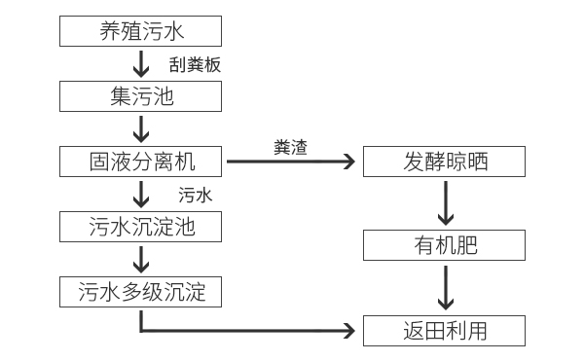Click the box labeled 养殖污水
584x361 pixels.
pyautogui.click(x=141, y=30)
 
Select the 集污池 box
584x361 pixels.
pyautogui.click(x=141, y=95)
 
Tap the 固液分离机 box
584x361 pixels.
pyautogui.click(x=141, y=161)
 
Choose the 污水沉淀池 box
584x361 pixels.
pyautogui.click(x=141, y=227)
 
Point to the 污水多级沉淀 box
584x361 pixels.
pyautogui.click(x=141, y=291)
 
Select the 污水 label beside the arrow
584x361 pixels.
pyautogui.click(x=195, y=195)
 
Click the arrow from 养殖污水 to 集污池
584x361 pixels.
pyautogui.click(x=141, y=62)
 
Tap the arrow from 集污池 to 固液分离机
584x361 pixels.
pyautogui.click(x=141, y=127)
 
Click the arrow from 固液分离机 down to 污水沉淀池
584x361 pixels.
pyautogui.click(x=141, y=194)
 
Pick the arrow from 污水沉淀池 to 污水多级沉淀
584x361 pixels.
pyautogui.click(x=141, y=259)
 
